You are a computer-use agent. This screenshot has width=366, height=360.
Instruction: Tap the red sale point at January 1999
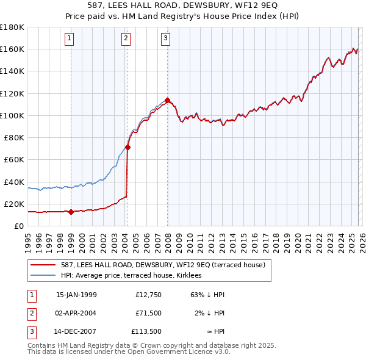[x=71, y=212]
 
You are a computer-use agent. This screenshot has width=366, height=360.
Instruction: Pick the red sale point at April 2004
[x=127, y=147]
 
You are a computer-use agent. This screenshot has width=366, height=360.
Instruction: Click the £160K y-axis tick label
[x=12, y=49]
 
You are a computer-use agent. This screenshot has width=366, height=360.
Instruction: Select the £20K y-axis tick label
[x=15, y=204]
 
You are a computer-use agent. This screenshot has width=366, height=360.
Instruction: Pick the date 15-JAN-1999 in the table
[x=76, y=294]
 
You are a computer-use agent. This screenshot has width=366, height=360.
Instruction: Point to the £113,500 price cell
[x=146, y=332]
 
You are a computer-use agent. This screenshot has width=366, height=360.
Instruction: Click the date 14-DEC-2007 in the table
[x=76, y=332]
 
